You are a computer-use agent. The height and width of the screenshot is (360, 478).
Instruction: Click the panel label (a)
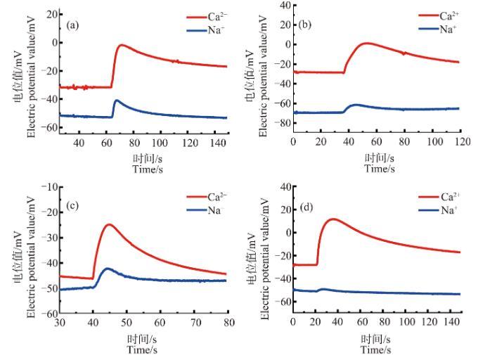click(72, 25)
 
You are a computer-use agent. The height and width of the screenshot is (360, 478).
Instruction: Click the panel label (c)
click(71, 207)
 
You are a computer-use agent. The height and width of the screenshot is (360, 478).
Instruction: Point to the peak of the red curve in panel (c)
click(109, 225)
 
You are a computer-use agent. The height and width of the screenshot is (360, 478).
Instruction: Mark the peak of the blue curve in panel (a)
click(117, 101)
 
